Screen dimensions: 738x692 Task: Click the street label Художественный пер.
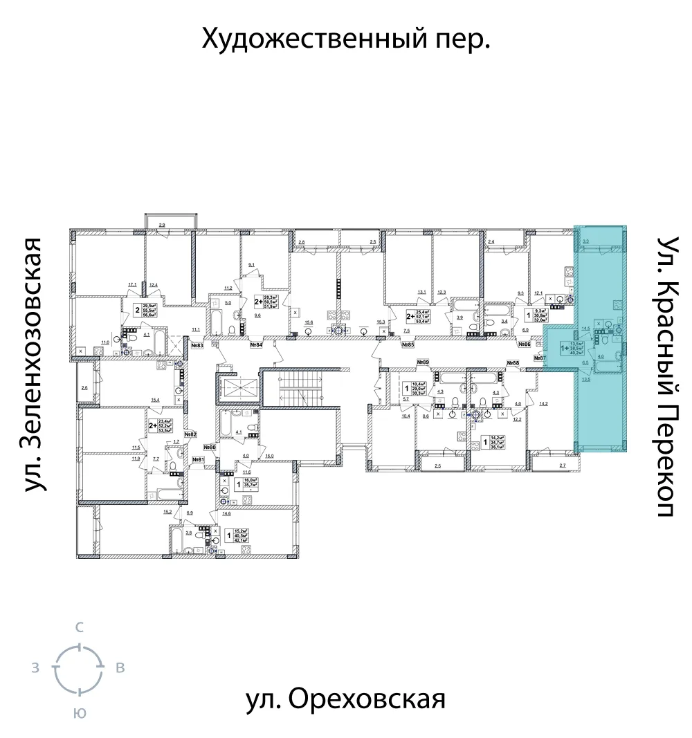346,39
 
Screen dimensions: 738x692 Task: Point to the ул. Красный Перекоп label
667,376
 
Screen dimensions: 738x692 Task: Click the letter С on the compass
80,628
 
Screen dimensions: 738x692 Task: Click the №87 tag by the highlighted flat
540,358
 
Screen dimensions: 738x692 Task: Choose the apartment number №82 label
190,434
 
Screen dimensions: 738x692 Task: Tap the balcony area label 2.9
161,225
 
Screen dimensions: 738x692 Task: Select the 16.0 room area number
269,456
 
